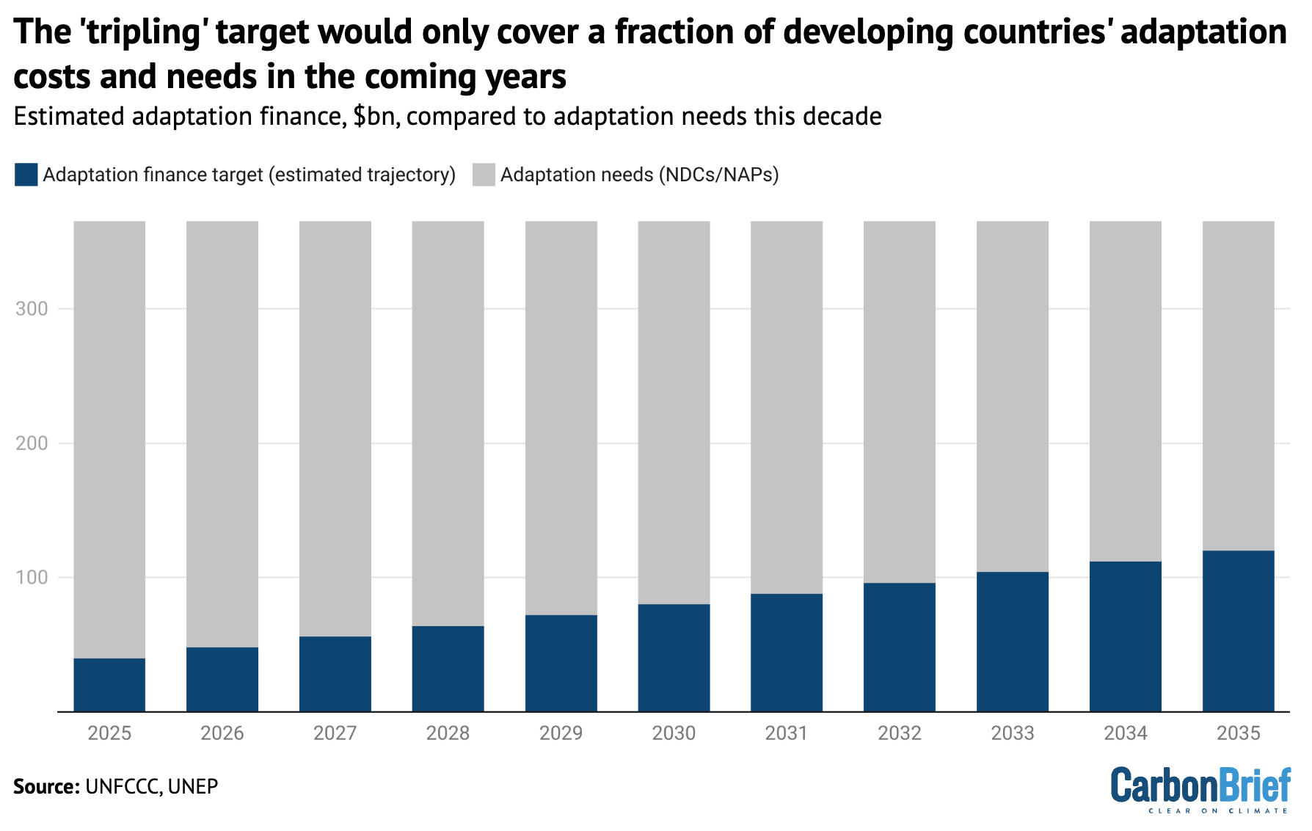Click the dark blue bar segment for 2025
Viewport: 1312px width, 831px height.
click(x=109, y=684)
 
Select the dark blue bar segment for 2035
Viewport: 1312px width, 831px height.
click(x=1238, y=631)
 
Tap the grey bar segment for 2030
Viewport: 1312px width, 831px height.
click(x=674, y=412)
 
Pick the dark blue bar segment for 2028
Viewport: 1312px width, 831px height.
click(x=448, y=668)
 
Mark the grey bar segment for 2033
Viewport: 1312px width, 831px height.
click(x=1012, y=396)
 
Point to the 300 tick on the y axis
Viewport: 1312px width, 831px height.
click(x=32, y=309)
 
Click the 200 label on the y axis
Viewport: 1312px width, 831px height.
click(x=32, y=443)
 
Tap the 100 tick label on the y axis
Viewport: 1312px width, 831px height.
click(x=32, y=578)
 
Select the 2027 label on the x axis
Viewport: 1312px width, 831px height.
click(x=335, y=733)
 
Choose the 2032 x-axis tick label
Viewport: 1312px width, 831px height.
click(x=899, y=733)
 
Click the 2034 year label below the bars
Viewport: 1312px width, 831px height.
click(x=1125, y=733)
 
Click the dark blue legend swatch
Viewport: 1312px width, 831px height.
click(x=26, y=175)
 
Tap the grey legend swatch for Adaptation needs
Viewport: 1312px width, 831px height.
click(x=484, y=175)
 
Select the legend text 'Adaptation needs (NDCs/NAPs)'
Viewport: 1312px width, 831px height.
click(x=639, y=175)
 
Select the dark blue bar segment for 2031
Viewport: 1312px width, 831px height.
click(x=786, y=652)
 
